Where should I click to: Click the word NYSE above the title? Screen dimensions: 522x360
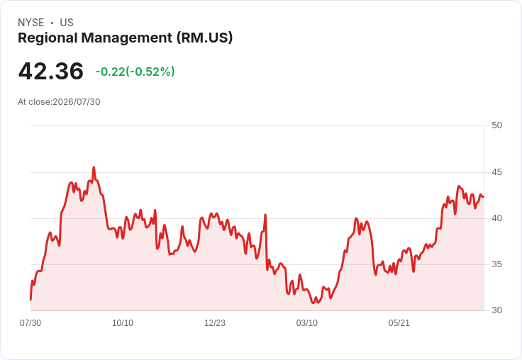coord(31,23)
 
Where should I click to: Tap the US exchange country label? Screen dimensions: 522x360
coord(67,23)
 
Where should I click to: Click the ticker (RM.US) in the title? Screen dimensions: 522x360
coord(204,38)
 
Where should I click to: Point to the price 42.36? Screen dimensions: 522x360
coord(51,71)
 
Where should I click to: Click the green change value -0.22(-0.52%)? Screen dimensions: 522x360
coord(135,72)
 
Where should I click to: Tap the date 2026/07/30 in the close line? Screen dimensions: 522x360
coord(77,102)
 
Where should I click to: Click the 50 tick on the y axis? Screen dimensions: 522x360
coord(496,125)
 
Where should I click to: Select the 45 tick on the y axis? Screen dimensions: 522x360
coord(496,172)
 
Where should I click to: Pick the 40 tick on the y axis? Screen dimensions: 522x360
coord(496,218)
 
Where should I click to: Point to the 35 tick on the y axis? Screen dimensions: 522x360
coord(496,264)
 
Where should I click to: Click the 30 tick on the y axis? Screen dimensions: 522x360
coord(496,310)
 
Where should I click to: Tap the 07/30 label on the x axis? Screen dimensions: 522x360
coord(30,323)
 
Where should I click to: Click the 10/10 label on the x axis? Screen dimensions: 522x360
coord(123,323)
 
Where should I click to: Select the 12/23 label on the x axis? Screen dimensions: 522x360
coord(215,323)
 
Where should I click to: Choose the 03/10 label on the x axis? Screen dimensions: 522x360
coord(307,323)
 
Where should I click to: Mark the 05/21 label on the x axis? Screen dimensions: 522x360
coord(399,323)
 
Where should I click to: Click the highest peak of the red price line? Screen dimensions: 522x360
coord(94,167)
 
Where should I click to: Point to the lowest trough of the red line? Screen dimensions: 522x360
coord(313,303)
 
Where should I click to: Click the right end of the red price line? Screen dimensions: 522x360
coord(484,196)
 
